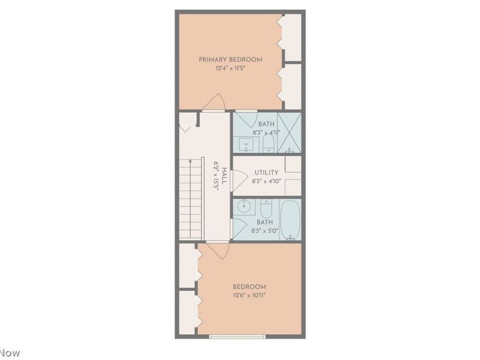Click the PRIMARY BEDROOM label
point(231,59)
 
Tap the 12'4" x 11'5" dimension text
point(231,68)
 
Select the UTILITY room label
point(266,173)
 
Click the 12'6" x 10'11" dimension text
point(250,295)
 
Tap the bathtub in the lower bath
point(290,219)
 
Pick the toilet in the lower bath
point(266,208)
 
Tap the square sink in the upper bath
point(247,144)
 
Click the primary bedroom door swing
point(214,103)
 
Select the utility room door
point(238,180)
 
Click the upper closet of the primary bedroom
point(292,38)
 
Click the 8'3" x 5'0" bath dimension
point(266,230)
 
